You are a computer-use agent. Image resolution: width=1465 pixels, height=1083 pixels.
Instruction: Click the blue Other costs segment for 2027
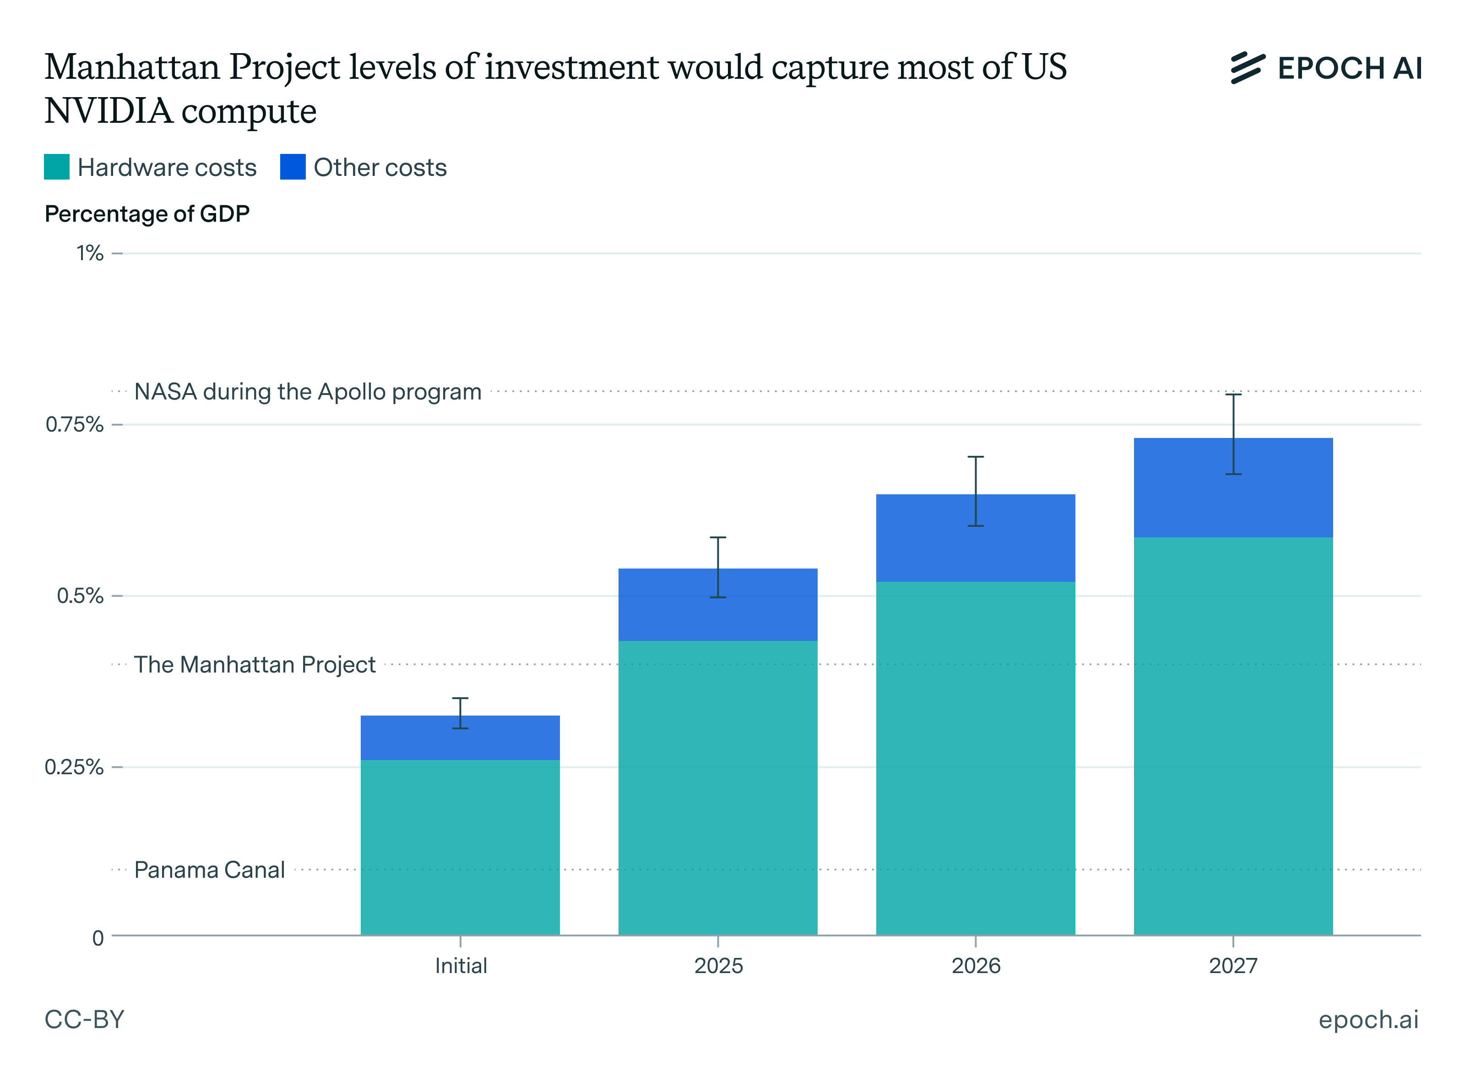(x=1233, y=488)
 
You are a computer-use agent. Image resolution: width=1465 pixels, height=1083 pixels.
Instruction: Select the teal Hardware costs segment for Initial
(x=460, y=848)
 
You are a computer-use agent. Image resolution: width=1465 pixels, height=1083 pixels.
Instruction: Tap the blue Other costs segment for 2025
(x=718, y=604)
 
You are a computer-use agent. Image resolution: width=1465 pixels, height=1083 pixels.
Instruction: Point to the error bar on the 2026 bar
(x=976, y=491)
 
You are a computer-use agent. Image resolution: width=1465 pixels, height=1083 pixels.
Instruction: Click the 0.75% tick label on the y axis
(x=75, y=425)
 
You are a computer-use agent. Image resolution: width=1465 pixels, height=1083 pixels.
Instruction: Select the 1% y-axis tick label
(x=90, y=253)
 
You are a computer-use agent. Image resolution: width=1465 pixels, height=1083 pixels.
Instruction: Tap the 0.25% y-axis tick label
(x=74, y=767)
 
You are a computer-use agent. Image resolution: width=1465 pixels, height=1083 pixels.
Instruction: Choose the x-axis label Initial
(x=461, y=966)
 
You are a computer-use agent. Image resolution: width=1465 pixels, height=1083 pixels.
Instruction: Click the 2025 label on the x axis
(x=719, y=966)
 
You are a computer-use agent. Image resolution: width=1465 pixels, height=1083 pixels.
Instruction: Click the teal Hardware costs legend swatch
(x=56, y=167)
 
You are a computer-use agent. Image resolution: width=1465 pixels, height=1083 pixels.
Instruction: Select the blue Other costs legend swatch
(x=293, y=167)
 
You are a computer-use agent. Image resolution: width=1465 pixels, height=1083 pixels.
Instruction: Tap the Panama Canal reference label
(x=210, y=870)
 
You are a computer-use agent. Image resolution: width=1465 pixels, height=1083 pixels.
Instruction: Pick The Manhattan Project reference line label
(x=255, y=665)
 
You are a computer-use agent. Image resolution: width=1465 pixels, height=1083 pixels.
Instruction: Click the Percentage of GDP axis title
(x=147, y=214)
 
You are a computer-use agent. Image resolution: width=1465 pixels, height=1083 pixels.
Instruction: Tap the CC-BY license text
(x=85, y=1019)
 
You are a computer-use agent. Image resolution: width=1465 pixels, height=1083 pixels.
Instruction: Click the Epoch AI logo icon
(x=1248, y=68)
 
